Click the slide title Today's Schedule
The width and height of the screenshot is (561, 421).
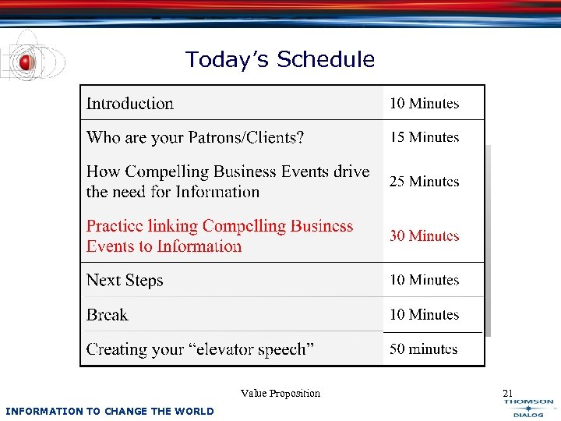tap(280, 60)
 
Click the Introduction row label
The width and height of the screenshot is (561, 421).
tap(130, 104)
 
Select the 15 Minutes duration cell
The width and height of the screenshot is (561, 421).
tap(425, 137)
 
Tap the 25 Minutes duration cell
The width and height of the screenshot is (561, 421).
tap(425, 182)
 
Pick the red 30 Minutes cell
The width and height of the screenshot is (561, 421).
tap(425, 236)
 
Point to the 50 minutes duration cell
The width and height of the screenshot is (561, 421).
tap(424, 349)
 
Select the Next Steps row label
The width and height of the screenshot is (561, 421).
tap(125, 281)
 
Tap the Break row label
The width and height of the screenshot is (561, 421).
tap(108, 315)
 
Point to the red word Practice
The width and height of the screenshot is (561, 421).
tap(115, 226)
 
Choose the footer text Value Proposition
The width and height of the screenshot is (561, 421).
tap(280, 394)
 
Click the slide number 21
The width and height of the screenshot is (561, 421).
tap(508, 394)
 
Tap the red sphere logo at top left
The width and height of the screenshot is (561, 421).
tap(27, 62)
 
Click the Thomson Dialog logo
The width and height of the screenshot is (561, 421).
tap(528, 409)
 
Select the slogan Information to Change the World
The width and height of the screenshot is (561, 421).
tap(109, 411)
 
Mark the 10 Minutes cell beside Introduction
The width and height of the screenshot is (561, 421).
tap(425, 104)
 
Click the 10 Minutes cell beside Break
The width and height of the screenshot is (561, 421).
tap(425, 315)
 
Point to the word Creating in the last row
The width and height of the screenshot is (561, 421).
tap(116, 349)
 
